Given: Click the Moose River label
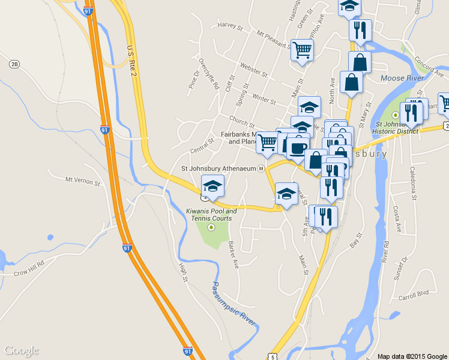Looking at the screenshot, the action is tap(402, 78).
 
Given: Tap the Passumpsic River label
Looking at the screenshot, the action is tap(234, 304).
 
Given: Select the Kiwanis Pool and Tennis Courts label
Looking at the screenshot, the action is tap(211, 214).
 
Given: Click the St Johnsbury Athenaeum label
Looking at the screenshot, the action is tap(218, 169).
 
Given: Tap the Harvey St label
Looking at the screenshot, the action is tap(230, 26).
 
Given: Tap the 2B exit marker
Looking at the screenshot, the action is tap(14, 64).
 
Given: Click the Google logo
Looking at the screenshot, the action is tap(21, 350).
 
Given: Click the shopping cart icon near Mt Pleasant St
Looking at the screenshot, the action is tap(302, 50).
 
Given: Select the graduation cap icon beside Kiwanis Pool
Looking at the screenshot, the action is tap(212, 186).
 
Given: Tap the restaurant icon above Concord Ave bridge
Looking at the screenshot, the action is tap(360, 29).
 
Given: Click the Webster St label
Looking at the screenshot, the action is tap(253, 68).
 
